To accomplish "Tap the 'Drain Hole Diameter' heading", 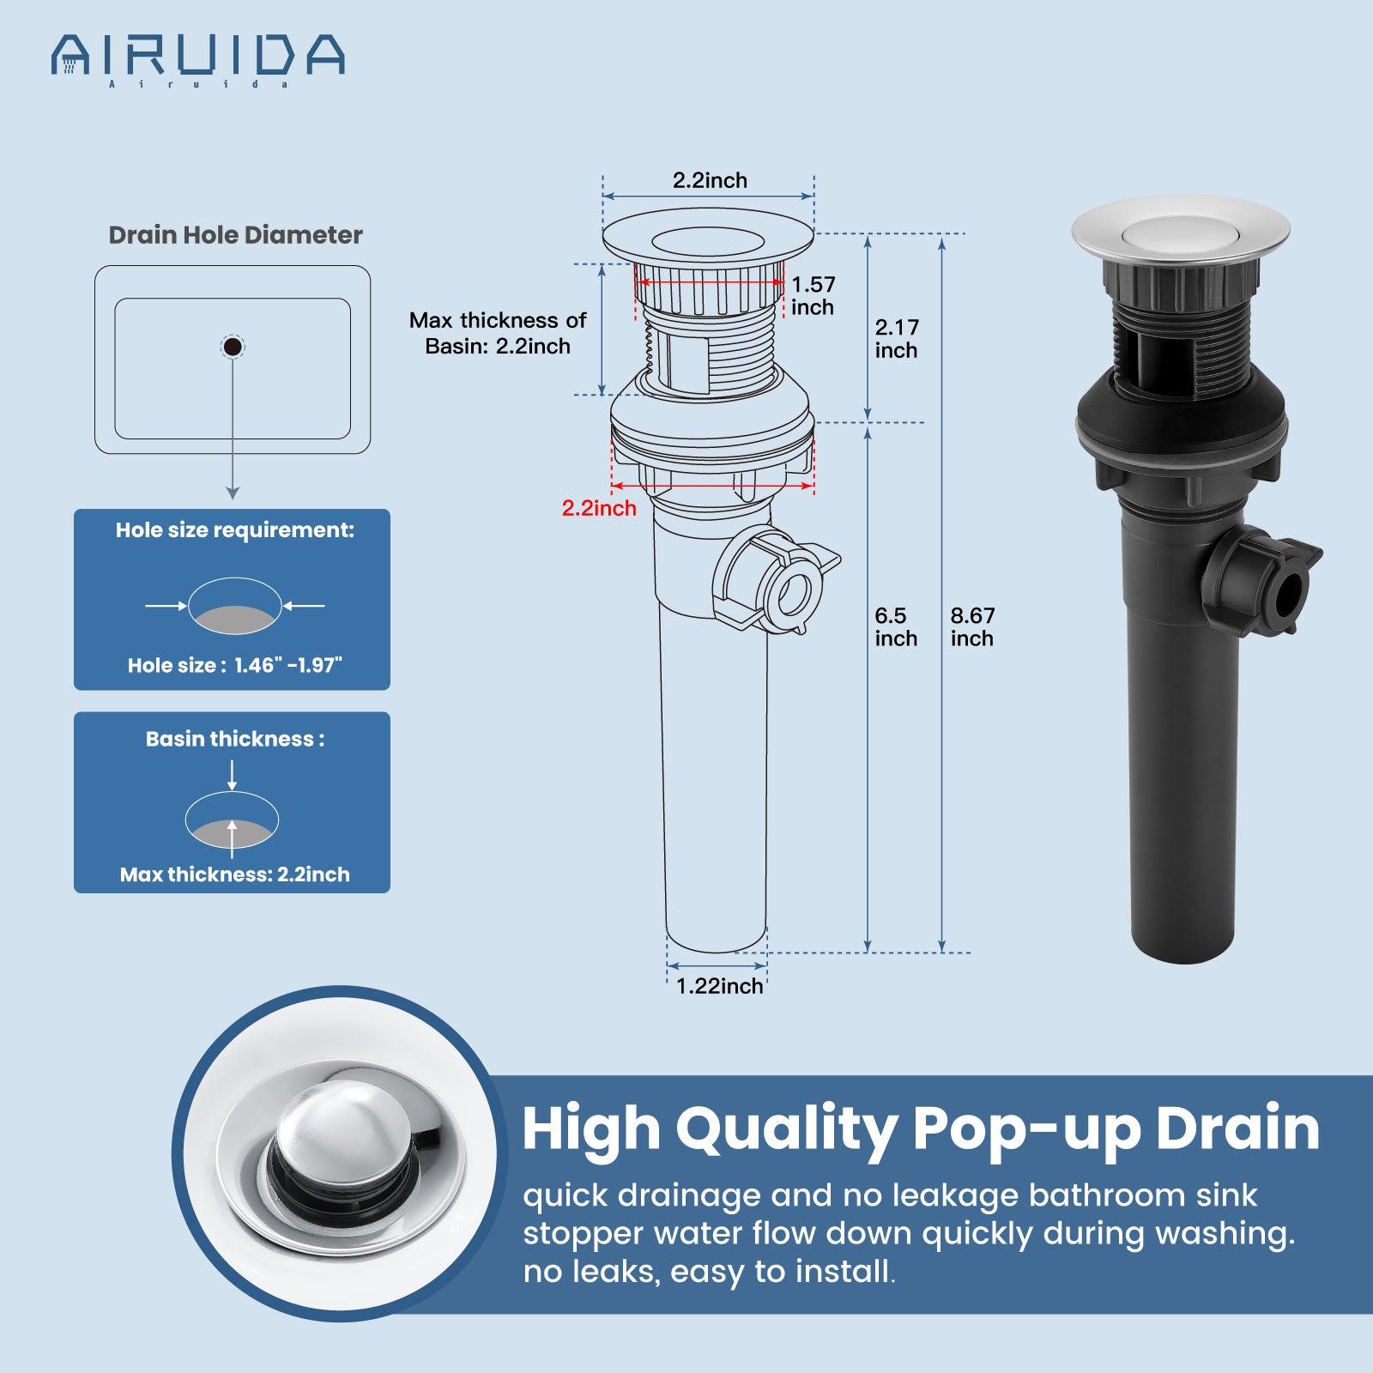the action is tap(235, 235).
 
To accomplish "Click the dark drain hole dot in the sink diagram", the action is tap(232, 347).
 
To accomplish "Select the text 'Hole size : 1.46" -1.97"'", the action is tap(235, 665).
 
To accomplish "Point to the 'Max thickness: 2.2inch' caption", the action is tap(235, 874).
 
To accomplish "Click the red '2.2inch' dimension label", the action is tap(599, 508).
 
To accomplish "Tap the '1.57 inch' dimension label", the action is tap(813, 295).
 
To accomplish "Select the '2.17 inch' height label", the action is tap(897, 338).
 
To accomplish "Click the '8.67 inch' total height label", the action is tap(972, 626).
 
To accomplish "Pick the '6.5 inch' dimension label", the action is tap(896, 626).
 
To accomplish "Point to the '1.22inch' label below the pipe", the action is tap(719, 986).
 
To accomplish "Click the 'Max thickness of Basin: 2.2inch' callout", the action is tap(498, 333).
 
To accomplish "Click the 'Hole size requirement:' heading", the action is tap(235, 530).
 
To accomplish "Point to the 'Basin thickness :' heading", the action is tap(235, 739).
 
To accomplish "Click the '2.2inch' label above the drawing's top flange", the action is tap(710, 180).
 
